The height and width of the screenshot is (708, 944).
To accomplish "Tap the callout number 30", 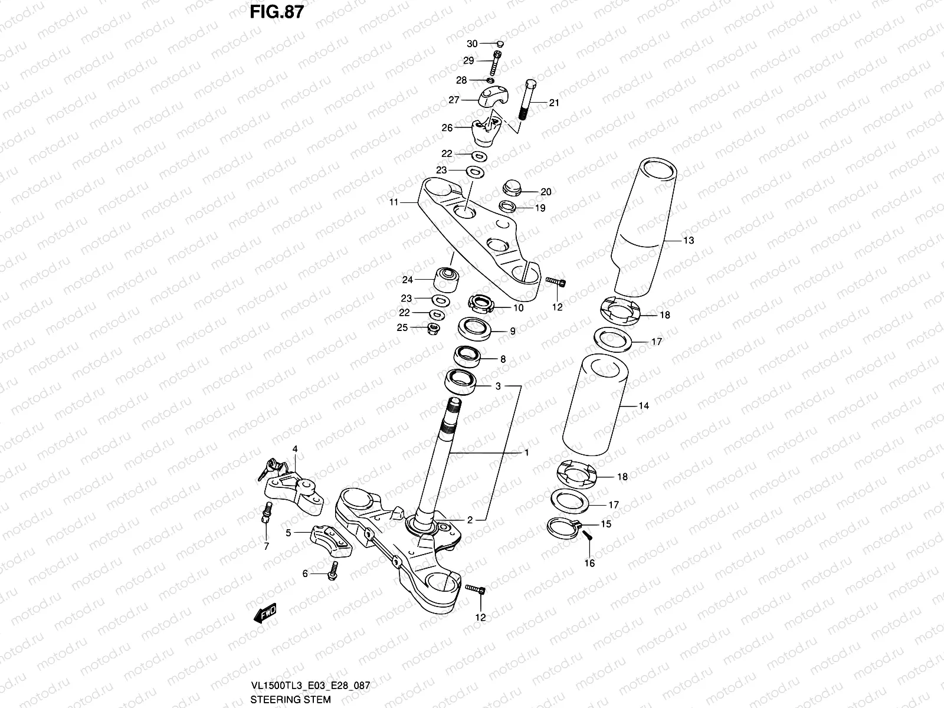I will click(x=472, y=44).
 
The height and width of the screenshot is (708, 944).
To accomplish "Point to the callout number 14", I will click(x=643, y=406).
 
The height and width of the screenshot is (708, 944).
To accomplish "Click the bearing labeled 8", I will click(x=467, y=356).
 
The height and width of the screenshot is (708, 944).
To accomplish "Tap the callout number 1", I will click(x=526, y=453).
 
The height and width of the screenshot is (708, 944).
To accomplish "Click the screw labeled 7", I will click(x=265, y=512).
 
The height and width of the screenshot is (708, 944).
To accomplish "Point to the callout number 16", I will click(x=589, y=563).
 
